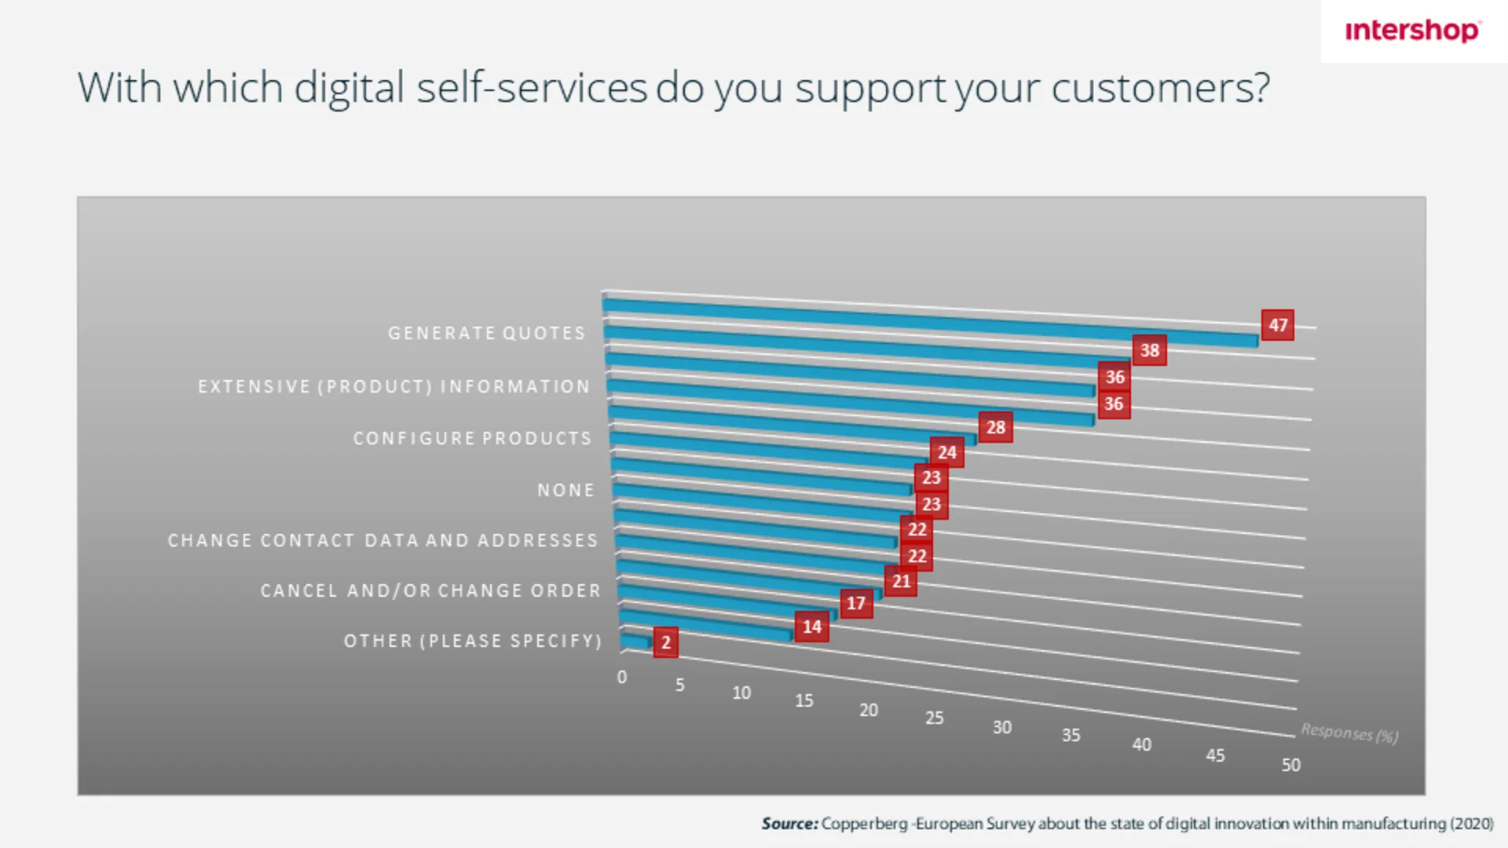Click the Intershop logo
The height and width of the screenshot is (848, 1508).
pos(1412,31)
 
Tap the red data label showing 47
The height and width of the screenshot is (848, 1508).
pos(1278,325)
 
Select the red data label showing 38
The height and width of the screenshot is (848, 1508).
pos(1149,350)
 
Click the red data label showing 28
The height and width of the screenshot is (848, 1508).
pos(995,427)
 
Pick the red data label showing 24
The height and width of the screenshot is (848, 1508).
pos(946,452)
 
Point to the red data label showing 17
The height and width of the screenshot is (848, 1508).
pos(856,603)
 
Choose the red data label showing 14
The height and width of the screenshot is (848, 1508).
pos(811,627)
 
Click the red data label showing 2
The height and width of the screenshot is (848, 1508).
pos(665,642)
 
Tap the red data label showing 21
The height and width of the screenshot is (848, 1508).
pos(900,581)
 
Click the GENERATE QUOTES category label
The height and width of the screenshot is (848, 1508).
pos(487,333)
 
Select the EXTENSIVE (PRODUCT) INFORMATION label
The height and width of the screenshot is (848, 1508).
pos(393,386)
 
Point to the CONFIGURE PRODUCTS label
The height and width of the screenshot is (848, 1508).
pos(472,438)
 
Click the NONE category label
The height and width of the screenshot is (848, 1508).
pos(565,490)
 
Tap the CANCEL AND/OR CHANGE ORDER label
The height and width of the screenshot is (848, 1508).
pos(430,590)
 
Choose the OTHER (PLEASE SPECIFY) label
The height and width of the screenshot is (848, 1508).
pos(473,641)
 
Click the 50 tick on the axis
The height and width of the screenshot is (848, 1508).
pos(1290,765)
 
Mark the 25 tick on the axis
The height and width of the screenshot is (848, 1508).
pos(934,718)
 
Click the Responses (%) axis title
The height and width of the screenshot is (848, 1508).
pos(1349,733)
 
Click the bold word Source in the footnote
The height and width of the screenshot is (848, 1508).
pos(789,824)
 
